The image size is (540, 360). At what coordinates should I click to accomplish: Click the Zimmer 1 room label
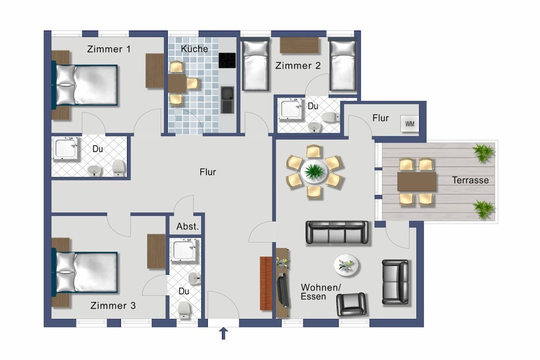109,49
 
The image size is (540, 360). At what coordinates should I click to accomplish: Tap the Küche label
194,49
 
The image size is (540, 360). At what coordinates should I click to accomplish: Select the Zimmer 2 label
298,65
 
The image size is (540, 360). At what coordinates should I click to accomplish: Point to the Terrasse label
470,180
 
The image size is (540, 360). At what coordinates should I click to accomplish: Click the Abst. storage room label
188,227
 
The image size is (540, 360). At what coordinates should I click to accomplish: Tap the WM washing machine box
410,123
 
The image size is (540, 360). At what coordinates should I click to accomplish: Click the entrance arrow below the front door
224,333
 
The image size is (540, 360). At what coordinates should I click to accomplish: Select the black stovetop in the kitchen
227,61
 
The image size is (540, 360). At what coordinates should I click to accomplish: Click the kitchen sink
227,100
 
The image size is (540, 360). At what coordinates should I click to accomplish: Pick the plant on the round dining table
314,171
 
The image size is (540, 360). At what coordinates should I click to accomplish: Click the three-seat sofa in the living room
337,232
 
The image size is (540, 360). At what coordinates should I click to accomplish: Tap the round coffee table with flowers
346,265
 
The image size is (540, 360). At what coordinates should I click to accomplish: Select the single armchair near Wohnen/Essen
351,304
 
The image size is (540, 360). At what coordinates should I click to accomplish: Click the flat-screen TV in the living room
283,289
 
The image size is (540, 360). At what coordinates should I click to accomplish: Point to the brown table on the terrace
417,181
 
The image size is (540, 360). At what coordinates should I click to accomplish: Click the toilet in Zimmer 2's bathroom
331,117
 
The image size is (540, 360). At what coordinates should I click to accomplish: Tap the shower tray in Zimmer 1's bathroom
65,148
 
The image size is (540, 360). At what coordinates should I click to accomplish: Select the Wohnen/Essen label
321,292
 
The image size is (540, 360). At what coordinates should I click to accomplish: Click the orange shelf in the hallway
266,283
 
